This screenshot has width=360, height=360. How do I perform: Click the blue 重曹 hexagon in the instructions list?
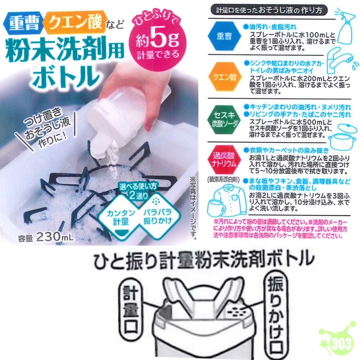(x=224, y=36)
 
